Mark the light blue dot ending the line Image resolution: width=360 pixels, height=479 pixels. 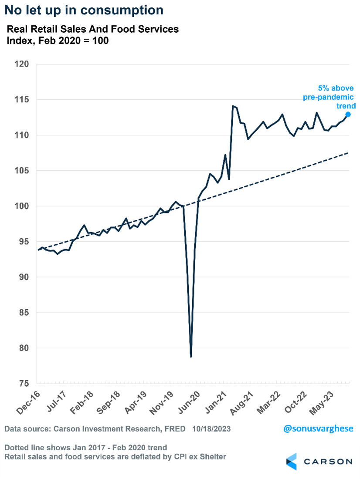[x=348, y=114]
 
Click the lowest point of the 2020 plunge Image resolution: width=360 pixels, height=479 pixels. [x=191, y=357]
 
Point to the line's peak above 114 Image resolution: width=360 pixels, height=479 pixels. [x=233, y=106]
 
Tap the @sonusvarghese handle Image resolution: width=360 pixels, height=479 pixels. [x=318, y=428]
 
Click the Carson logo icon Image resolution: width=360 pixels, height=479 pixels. [x=291, y=461]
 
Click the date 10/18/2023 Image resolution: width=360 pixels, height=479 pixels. [x=211, y=429]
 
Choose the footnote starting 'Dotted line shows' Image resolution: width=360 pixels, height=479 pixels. [x=86, y=448]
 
